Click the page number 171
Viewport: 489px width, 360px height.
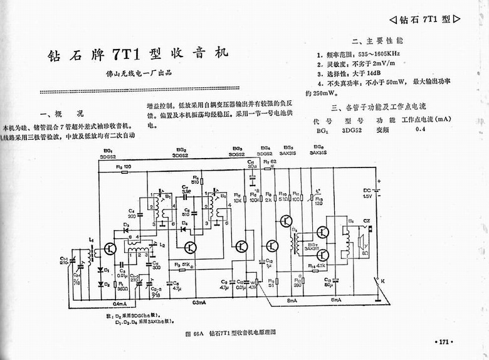pos(443,342)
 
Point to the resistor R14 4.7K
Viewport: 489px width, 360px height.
pos(315,267)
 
